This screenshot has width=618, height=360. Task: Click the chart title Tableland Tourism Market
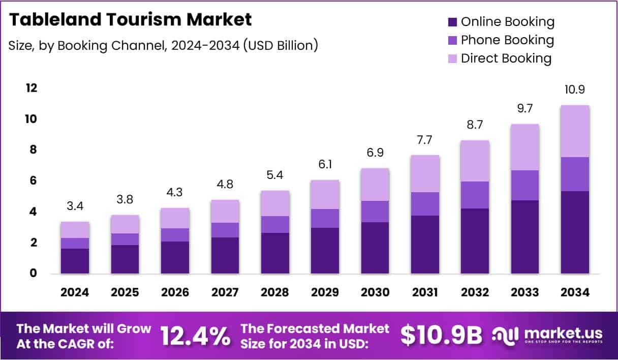[130, 20]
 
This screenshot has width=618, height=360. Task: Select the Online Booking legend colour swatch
[452, 22]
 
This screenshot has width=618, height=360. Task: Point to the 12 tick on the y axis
[32, 88]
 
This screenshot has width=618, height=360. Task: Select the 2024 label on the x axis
[75, 292]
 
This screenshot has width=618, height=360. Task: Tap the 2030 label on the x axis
[375, 292]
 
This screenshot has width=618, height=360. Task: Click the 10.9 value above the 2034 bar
[575, 90]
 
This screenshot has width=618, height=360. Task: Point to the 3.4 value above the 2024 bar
[75, 206]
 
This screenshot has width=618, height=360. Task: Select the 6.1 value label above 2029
[325, 165]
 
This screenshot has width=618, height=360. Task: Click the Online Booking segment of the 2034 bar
[575, 232]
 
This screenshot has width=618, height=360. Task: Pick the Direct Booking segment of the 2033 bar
[525, 147]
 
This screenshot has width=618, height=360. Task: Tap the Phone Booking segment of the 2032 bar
[475, 195]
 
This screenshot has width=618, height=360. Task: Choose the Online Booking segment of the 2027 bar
[225, 256]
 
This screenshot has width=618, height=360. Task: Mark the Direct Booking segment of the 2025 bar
[125, 224]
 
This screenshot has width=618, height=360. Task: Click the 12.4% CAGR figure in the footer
[195, 336]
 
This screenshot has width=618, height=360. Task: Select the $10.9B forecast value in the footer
[441, 336]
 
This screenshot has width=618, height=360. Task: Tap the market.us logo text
[563, 334]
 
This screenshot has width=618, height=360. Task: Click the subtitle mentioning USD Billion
[163, 45]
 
